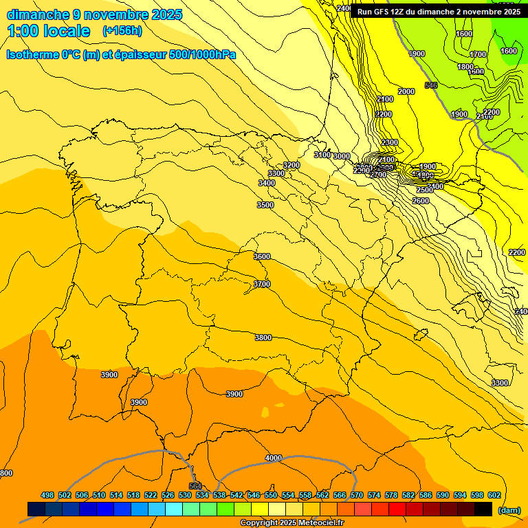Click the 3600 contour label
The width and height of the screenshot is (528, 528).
point(262,256)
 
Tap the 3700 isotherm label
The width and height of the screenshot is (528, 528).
point(262,284)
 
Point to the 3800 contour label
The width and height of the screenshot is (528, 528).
point(263,338)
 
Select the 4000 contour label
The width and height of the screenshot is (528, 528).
point(274,458)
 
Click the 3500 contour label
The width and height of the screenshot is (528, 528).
point(265,205)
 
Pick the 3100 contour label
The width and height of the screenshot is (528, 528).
point(322,155)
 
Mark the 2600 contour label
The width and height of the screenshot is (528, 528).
point(421,201)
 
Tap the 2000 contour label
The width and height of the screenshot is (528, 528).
point(406,91)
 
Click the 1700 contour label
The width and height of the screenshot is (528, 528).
point(478,54)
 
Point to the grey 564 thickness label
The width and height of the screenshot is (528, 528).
point(195,487)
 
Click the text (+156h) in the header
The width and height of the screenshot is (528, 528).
point(122,31)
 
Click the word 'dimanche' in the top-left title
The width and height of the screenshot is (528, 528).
point(38,14)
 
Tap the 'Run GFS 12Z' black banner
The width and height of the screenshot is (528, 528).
point(438,11)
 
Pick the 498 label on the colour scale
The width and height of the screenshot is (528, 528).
point(47,495)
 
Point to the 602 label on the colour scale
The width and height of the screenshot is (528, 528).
point(494,495)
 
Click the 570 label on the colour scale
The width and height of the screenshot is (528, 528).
point(357,495)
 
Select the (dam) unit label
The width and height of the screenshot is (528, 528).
point(509,509)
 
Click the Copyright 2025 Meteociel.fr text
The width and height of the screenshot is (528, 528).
point(291,522)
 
